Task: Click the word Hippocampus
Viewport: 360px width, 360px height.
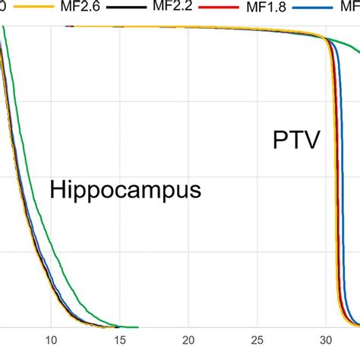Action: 125,191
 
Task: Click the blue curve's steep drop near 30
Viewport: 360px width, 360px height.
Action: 341,190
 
